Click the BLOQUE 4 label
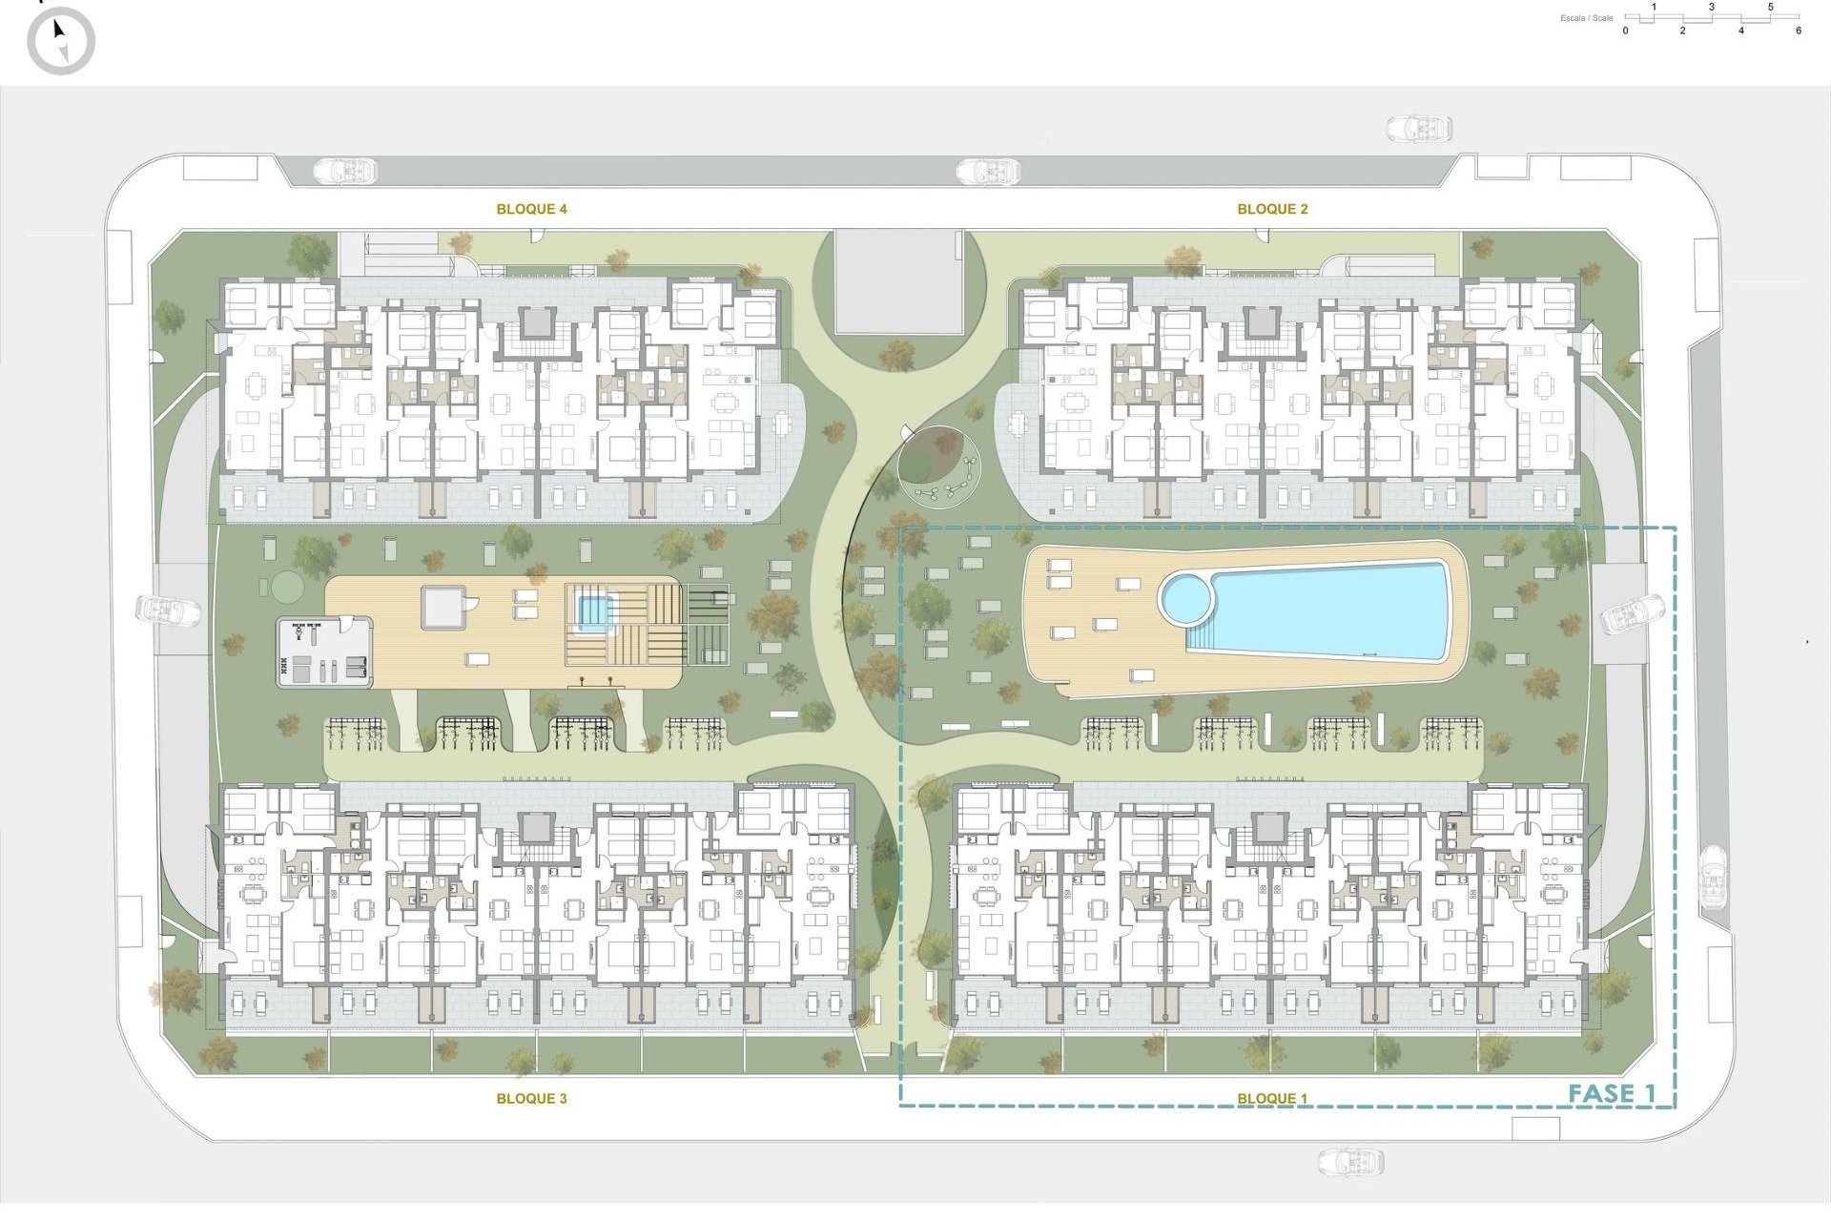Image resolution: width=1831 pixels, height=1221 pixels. pos(531,209)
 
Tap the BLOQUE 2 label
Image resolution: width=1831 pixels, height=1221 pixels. pos(1272,209)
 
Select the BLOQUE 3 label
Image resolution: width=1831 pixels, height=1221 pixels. pos(531,1099)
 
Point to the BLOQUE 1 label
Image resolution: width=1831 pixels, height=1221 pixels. pos(1272,1099)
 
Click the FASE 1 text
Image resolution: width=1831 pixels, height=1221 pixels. pos(1612,1094)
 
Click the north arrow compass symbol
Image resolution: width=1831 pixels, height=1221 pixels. pos(61,40)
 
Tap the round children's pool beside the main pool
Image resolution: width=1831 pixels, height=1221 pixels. pos(1185,598)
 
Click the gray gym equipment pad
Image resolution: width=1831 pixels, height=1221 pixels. pos(324,652)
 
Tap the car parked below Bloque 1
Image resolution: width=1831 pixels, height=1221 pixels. pos(1350,1162)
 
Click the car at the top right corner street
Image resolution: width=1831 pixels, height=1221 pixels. pos(1419,129)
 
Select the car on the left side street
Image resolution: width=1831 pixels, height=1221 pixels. pos(169,610)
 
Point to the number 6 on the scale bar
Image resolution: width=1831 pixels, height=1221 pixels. pos(1799,31)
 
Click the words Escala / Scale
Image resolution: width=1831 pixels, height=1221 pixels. pos(1587,18)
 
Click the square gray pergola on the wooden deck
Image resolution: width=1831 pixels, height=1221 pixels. pos(442,608)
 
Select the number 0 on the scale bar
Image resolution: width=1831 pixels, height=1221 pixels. pos(1626,31)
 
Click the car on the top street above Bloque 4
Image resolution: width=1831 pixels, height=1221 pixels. pos(345,172)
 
